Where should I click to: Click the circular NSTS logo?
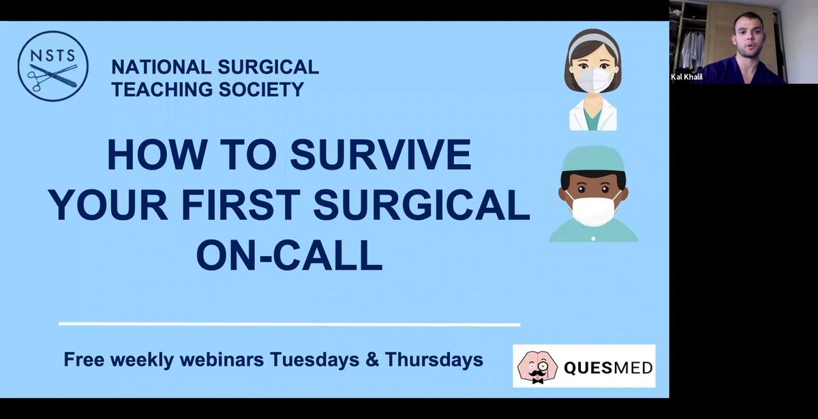coord(53,66)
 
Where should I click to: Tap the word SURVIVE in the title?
coord(380,155)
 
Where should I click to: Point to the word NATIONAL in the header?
coord(161,67)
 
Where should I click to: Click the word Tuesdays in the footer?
coord(314,360)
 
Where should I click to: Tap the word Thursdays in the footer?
coord(434,360)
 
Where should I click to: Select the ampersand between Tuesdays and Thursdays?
coord(372,360)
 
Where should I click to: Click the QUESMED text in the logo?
coord(608,368)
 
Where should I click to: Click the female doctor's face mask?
coord(594,80)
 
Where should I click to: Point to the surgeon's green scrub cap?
coord(593,159)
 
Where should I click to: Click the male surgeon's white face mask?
coord(593,208)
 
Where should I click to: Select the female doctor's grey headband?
coord(594,43)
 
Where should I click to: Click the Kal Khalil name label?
coord(686,77)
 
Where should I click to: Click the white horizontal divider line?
coord(289,324)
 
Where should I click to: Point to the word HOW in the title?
coord(156,155)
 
